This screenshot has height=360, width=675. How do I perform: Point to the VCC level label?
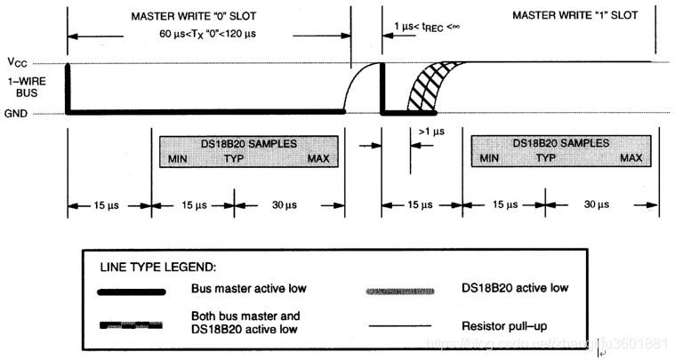click(x=18, y=64)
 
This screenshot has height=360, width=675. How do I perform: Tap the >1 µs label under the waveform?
click(x=430, y=132)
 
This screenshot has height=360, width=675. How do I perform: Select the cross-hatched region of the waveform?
click(x=425, y=89)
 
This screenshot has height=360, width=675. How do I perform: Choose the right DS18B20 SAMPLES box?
click(x=557, y=150)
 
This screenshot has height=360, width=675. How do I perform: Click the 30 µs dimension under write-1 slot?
click(x=597, y=204)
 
